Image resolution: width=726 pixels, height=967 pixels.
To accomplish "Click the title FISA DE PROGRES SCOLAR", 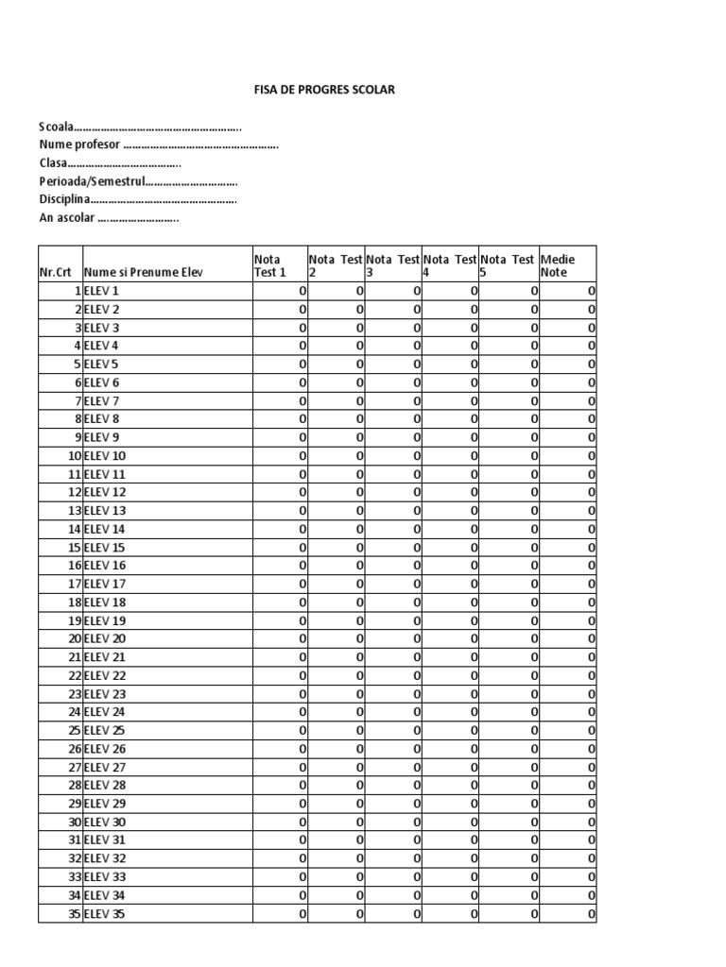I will click(x=324, y=90).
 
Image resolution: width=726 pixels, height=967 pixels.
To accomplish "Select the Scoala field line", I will click(x=140, y=127).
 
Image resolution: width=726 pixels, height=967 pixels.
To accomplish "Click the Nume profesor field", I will click(x=158, y=145).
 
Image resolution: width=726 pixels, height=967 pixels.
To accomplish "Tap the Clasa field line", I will click(x=110, y=163).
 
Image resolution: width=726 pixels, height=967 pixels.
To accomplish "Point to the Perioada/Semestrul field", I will click(x=138, y=181).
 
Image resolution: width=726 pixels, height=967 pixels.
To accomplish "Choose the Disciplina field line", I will click(x=137, y=200).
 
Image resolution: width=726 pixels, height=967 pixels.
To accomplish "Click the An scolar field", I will click(x=109, y=218).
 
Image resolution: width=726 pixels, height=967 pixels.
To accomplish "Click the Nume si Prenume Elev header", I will click(x=143, y=272).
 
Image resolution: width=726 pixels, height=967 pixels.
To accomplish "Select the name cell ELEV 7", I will click(x=102, y=401).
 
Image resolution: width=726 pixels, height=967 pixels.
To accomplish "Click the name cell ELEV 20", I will click(x=105, y=639).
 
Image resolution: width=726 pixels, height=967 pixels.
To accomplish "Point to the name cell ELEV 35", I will click(x=105, y=914).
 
